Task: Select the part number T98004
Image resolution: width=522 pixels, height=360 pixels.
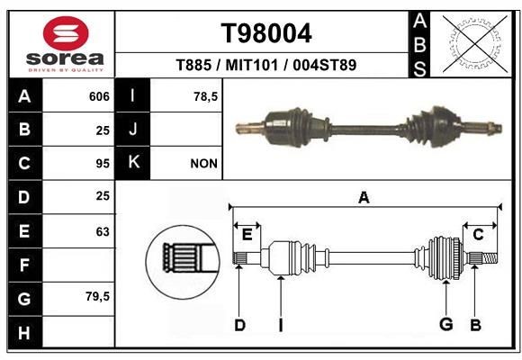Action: point(266,34)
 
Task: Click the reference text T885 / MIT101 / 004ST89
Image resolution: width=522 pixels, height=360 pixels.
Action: point(266,64)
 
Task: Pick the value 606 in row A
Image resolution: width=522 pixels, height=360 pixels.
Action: point(99,96)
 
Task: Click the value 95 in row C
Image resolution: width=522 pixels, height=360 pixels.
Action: point(102,164)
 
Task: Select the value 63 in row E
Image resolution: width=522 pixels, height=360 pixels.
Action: point(102,231)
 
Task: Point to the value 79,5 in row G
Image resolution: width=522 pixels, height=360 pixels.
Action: point(97,297)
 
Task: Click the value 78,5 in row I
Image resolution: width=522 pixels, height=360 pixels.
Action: point(206,96)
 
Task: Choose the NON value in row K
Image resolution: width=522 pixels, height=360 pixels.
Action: point(202,164)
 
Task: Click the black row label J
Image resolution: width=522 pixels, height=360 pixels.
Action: point(133,130)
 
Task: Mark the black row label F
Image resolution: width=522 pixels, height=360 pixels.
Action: point(24,265)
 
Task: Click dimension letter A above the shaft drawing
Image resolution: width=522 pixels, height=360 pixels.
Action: point(364,197)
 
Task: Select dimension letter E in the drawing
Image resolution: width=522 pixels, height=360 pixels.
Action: point(247,234)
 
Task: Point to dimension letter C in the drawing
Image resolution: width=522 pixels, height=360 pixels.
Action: point(479,234)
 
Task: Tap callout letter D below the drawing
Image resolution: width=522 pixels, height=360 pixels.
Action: point(239,325)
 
